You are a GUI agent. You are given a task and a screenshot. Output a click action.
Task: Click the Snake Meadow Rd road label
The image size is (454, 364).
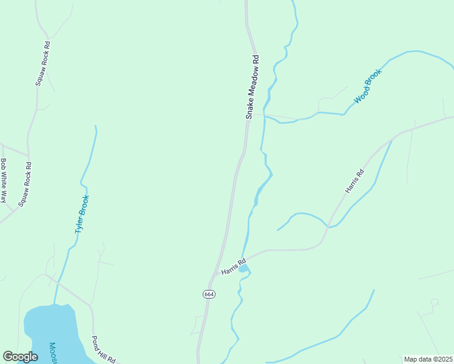click(x=252, y=87)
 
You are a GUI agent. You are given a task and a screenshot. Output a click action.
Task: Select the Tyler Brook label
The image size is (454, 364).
click(x=82, y=214)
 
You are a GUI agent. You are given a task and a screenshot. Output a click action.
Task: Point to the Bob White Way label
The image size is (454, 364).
click(x=4, y=180)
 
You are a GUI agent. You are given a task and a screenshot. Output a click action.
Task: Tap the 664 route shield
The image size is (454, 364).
click(x=209, y=294)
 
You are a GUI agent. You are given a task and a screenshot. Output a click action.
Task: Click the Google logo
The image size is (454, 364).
click(x=20, y=357)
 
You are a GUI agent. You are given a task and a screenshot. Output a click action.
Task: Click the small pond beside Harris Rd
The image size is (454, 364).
click(x=243, y=268)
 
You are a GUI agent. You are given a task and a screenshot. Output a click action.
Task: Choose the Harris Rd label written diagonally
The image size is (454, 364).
click(x=354, y=181)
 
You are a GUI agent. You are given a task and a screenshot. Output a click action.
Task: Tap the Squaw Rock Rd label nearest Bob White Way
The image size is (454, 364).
click(x=25, y=184)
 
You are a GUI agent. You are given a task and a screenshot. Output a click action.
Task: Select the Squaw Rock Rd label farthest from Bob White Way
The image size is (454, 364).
click(x=42, y=63)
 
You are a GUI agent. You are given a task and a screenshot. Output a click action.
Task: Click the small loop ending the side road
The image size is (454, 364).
click(x=435, y=302)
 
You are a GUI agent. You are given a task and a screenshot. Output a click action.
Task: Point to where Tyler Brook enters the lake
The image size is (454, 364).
click(x=54, y=305)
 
